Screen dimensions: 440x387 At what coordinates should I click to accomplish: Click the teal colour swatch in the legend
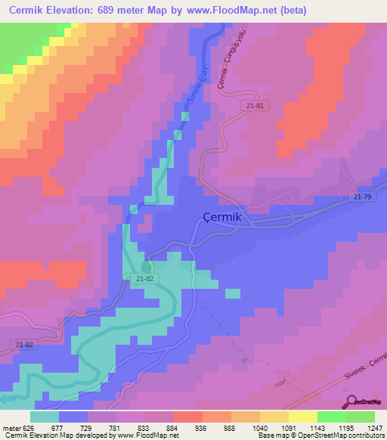[x=45, y=417]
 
